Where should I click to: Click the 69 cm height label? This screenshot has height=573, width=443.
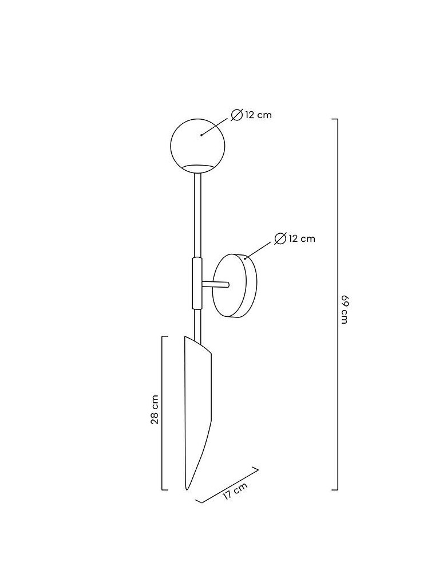(x=344, y=309)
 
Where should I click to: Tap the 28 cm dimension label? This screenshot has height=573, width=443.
(x=155, y=411)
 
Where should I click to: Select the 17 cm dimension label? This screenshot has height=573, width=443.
(x=235, y=491)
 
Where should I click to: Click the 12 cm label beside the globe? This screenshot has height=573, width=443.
(x=258, y=115)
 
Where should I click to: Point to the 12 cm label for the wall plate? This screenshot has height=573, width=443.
(x=302, y=238)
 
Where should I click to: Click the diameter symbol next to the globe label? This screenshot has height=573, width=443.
(x=237, y=115)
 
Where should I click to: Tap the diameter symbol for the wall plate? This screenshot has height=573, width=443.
(x=280, y=238)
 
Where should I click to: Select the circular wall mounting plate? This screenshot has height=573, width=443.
(x=236, y=285)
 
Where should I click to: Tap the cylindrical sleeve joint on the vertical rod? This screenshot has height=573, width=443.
(x=197, y=284)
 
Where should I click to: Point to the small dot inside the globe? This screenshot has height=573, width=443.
(x=201, y=135)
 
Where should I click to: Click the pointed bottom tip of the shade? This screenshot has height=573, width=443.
(x=187, y=488)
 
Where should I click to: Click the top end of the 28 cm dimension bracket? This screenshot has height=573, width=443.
(x=165, y=336)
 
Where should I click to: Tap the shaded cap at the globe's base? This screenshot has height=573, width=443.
(x=199, y=167)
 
